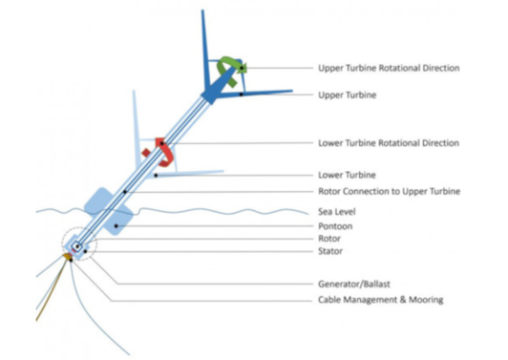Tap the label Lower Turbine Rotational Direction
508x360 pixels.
coord(388,143)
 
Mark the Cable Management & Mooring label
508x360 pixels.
coord(380,300)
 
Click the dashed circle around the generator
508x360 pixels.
coord(75,244)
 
